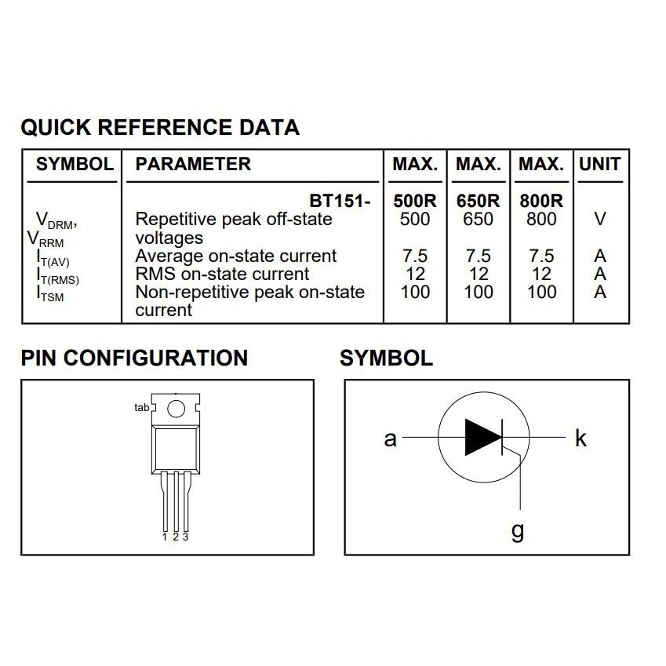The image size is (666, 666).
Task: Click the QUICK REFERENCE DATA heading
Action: tap(160, 127)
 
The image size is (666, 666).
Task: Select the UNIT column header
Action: tap(599, 165)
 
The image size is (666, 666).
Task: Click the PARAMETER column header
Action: tap(193, 165)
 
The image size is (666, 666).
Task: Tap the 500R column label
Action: tap(415, 201)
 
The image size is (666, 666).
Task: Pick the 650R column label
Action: tap(478, 201)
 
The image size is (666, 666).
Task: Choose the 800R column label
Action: tap(541, 201)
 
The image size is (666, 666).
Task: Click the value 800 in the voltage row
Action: tap(541, 220)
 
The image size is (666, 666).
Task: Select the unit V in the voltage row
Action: tap(600, 220)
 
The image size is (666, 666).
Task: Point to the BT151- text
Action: tap(340, 201)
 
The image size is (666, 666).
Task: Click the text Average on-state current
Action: tap(235, 256)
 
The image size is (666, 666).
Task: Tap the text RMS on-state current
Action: tap(222, 274)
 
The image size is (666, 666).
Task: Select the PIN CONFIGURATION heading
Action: tap(134, 358)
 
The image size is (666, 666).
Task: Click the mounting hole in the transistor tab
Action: tap(177, 408)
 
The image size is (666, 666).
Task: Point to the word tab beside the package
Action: tap(141, 408)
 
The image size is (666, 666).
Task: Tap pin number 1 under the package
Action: tap(165, 537)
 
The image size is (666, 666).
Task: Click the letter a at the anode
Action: tap(390, 439)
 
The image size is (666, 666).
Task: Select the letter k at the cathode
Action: tap(580, 438)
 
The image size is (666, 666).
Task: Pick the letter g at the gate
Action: tap(518, 532)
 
